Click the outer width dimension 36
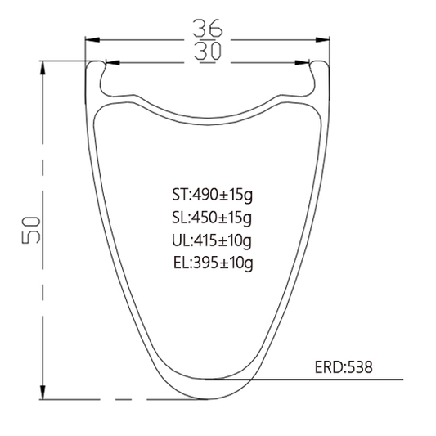coord(208,28)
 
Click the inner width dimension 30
coord(208,52)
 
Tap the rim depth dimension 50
coord(31,230)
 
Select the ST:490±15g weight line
coord(212,195)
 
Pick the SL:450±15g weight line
coord(212,218)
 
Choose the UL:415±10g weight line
coord(212,240)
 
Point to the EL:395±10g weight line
coord(213,263)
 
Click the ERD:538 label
coord(344,367)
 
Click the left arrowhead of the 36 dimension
coord(92,40)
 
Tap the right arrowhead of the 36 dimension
coord(322,40)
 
